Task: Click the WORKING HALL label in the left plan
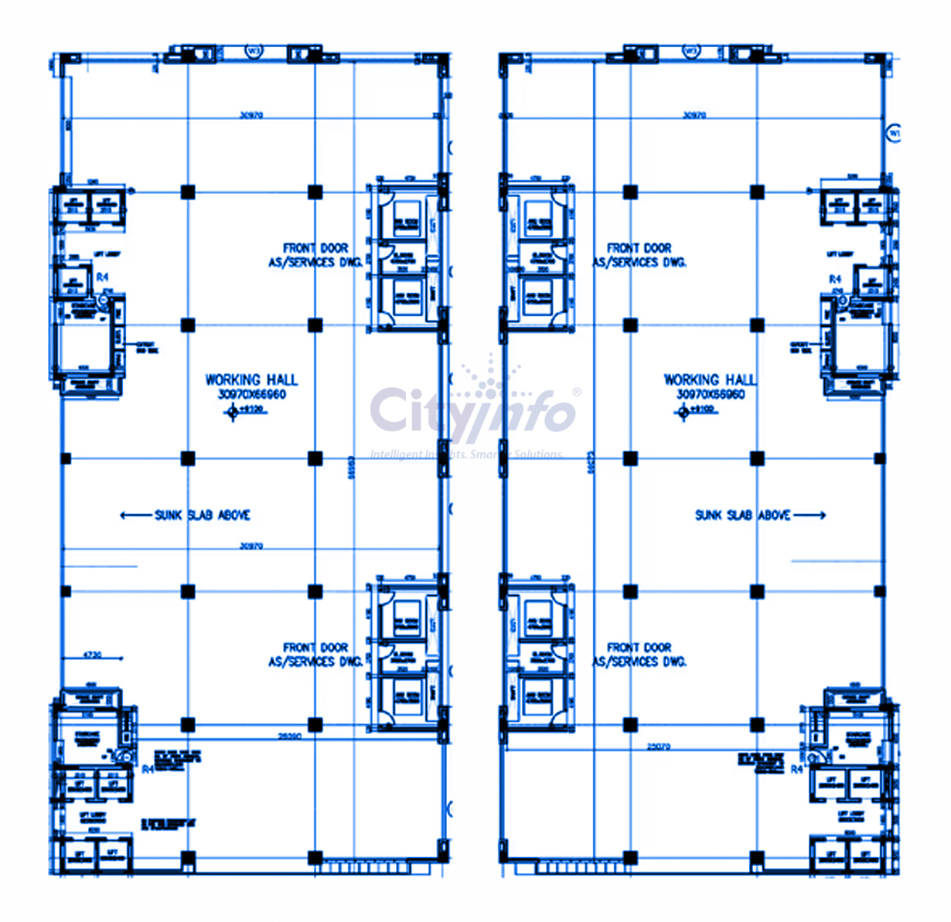(x=251, y=379)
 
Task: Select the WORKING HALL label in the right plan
(x=710, y=379)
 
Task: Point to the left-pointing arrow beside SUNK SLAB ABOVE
(x=136, y=515)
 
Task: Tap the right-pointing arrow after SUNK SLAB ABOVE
(x=810, y=515)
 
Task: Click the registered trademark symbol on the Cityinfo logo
(x=576, y=393)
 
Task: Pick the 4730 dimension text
(x=93, y=655)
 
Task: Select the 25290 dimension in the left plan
(x=290, y=737)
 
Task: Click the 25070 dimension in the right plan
(x=659, y=747)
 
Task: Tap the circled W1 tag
(x=895, y=133)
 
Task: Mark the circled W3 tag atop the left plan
(x=254, y=51)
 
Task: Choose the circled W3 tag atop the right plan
(x=692, y=51)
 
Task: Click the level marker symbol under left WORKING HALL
(x=233, y=413)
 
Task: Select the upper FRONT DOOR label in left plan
(x=315, y=248)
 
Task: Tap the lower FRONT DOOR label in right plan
(x=639, y=648)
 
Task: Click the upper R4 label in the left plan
(x=102, y=277)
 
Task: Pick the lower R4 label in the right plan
(x=796, y=770)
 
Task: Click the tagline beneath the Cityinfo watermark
(x=467, y=454)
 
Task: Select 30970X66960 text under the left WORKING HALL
(x=252, y=395)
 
